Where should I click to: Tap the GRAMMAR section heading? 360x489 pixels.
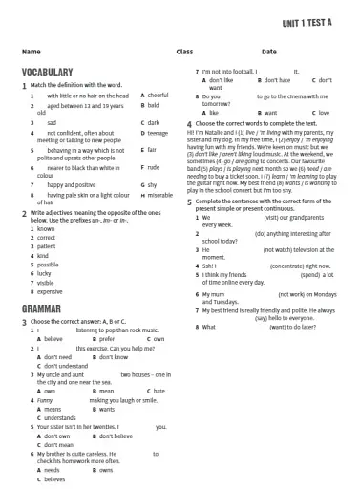click(41, 308)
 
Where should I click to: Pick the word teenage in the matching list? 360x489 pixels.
click(159, 133)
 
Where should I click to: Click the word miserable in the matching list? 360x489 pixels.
click(160, 195)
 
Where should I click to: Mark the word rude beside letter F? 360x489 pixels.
click(155, 166)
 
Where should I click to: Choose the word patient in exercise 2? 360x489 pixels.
click(46, 246)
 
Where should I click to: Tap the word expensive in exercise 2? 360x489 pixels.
click(49, 291)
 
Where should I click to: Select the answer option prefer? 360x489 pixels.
click(107, 339)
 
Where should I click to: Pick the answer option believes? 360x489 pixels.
click(55, 479)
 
